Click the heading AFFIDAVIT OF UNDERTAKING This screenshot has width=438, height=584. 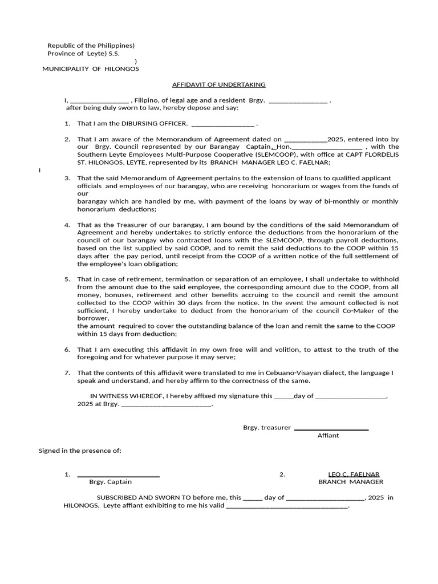[x=219, y=84]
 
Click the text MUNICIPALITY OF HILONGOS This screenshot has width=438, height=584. [x=91, y=69]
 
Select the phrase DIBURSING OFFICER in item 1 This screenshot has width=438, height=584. [x=152, y=123]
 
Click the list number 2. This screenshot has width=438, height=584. [x=67, y=139]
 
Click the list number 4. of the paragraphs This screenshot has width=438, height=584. [x=67, y=225]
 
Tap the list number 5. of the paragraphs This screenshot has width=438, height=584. [x=67, y=279]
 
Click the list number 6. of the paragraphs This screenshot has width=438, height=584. [x=67, y=350]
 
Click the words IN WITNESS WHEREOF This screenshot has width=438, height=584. [x=127, y=396]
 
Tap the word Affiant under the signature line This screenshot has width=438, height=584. [x=328, y=436]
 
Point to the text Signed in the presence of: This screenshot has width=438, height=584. [x=80, y=451]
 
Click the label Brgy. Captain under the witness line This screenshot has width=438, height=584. [x=111, y=482]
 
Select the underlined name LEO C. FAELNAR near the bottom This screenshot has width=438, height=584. [x=354, y=474]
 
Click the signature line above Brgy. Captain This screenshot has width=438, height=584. [x=118, y=476]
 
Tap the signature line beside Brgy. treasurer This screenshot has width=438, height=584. [x=331, y=429]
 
